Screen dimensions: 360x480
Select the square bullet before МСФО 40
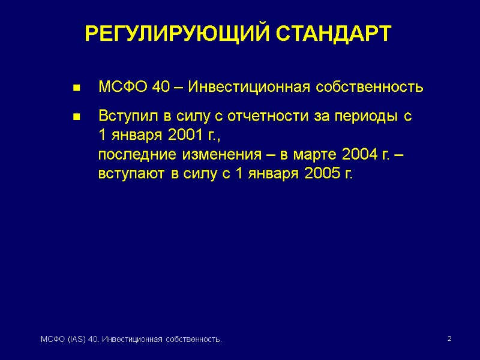[x=76, y=89]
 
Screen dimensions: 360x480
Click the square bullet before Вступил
[x=76, y=118]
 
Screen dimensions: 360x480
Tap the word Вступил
[x=124, y=116]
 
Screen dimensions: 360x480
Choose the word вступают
[x=131, y=175]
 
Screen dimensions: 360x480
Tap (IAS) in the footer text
[x=74, y=341]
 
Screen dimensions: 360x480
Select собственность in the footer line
[x=191, y=341]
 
